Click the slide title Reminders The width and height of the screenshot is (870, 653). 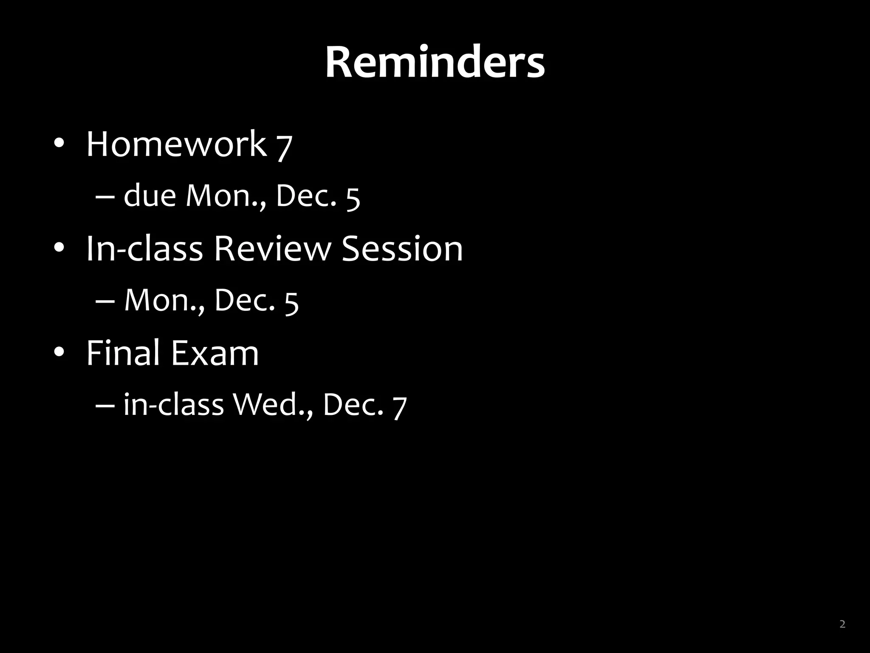point(435,63)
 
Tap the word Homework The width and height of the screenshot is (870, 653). point(176,144)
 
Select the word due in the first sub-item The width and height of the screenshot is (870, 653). point(150,196)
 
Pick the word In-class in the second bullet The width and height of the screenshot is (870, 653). point(144,249)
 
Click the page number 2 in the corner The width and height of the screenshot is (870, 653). point(842,624)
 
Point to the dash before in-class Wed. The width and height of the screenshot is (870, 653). point(105,405)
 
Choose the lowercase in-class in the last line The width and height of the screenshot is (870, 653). point(174,404)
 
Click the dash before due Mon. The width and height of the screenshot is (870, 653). point(105,197)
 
